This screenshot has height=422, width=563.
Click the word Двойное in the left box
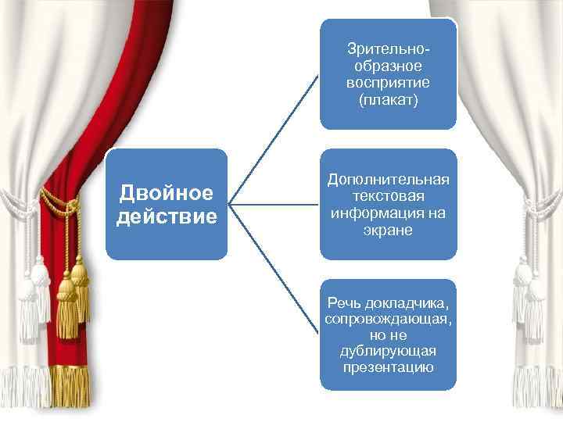pyautogui.click(x=167, y=192)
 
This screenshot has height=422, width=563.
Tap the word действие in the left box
pyautogui.click(x=167, y=215)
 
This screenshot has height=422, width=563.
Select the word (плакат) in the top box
pyautogui.click(x=388, y=99)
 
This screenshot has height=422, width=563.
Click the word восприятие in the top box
pyautogui.click(x=388, y=83)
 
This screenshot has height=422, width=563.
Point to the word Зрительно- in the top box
pyautogui.click(x=388, y=49)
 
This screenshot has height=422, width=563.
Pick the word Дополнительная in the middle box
pyautogui.click(x=388, y=180)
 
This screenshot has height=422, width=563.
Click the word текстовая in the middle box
pyautogui.click(x=388, y=196)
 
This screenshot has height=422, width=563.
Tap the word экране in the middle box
pyautogui.click(x=388, y=231)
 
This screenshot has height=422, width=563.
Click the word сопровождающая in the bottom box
pyautogui.click(x=388, y=320)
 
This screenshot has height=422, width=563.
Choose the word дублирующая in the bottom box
pyautogui.click(x=388, y=351)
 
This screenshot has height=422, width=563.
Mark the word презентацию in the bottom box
pyautogui.click(x=388, y=367)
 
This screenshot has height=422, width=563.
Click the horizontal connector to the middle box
pyautogui.click(x=274, y=205)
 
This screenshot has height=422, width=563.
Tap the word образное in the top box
pyautogui.click(x=388, y=66)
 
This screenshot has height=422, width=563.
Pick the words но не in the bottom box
pyautogui.click(x=388, y=335)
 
